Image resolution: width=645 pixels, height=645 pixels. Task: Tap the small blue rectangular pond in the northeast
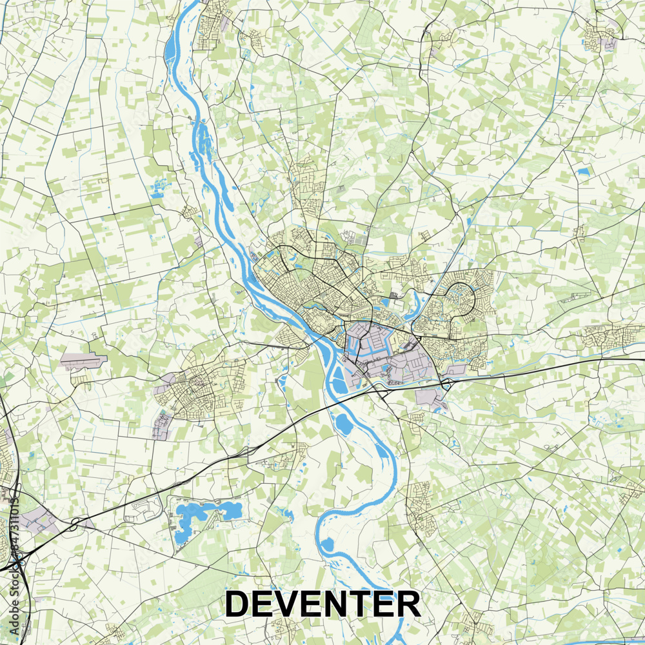coord(584,172)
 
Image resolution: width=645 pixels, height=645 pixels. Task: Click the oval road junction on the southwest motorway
coord(75,522)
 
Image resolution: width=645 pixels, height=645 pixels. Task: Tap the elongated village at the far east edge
coord(613,335)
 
